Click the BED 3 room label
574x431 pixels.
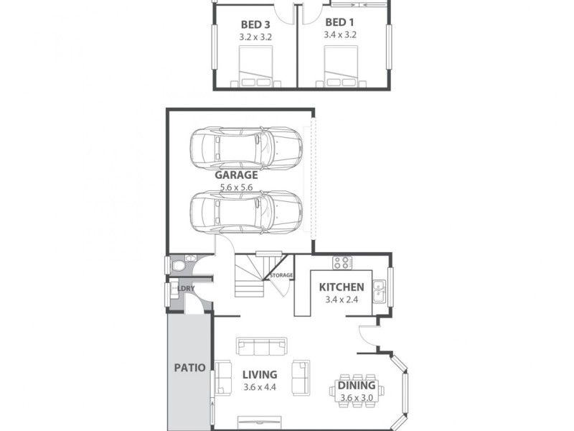coord(255,24)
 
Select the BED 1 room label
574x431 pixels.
coord(340,22)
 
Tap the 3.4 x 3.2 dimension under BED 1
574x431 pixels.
coord(340,34)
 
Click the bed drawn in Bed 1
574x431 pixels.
coord(341,68)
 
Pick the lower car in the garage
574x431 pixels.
coord(245,210)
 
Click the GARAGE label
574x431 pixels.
coord(236,175)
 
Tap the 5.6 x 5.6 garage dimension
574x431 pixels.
coord(236,187)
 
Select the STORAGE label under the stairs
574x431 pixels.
coord(281,275)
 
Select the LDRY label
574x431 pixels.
coord(186,289)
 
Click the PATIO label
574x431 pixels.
coord(189,368)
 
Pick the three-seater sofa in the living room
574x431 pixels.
coord(262,348)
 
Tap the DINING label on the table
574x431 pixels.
coord(357,386)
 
